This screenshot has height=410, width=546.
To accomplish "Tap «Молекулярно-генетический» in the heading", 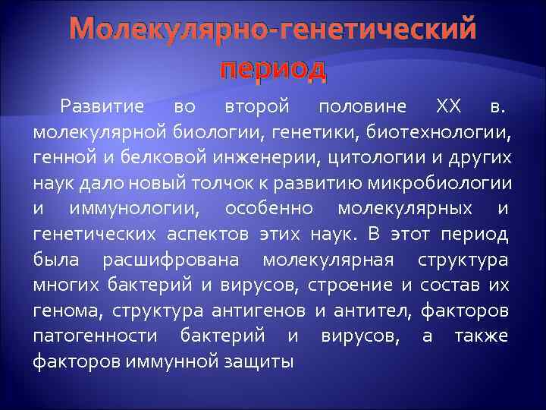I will point(273,30).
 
